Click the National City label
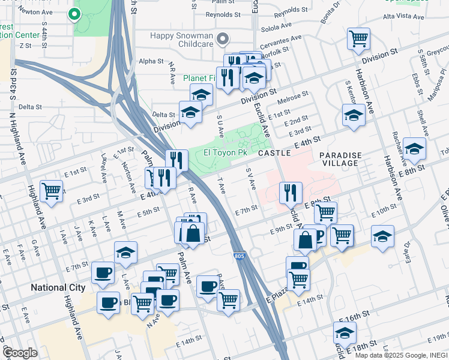pos(58,288)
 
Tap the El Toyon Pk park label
pos(226,154)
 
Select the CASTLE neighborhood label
pos(274,154)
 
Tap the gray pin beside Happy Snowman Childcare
pos(223,40)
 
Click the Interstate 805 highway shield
pos(240,256)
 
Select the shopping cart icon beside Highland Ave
pos(52,192)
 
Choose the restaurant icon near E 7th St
pos(291,193)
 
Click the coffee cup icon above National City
pos(103,273)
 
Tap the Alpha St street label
pos(151,61)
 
